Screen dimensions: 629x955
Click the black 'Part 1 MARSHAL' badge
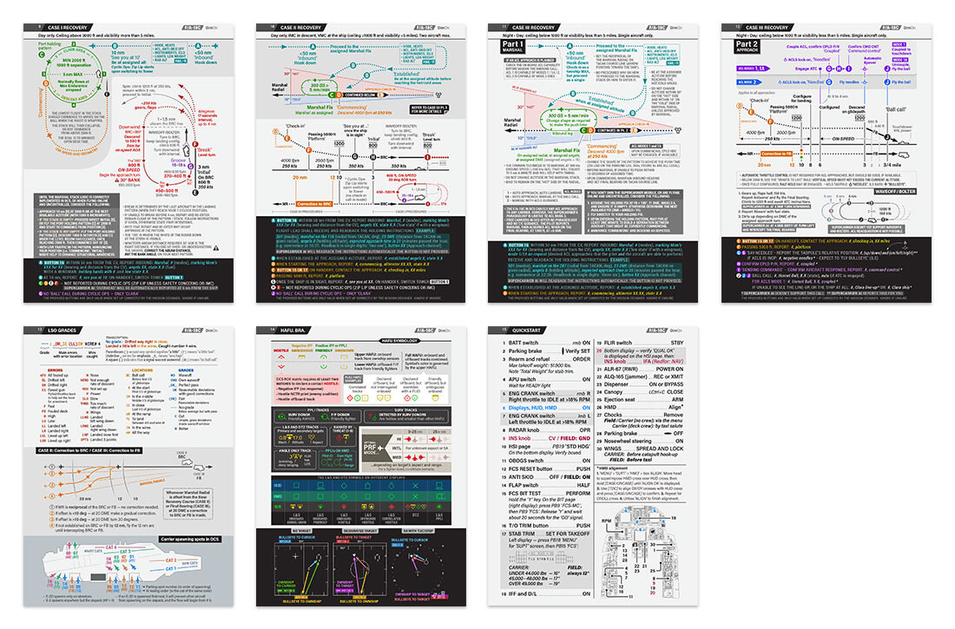(513, 44)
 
